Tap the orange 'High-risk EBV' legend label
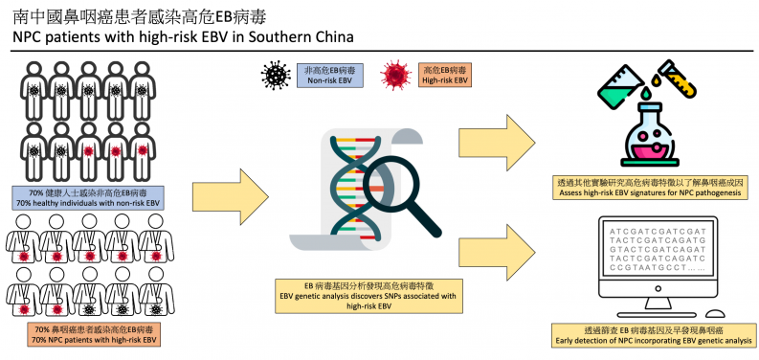click(x=445, y=76)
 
